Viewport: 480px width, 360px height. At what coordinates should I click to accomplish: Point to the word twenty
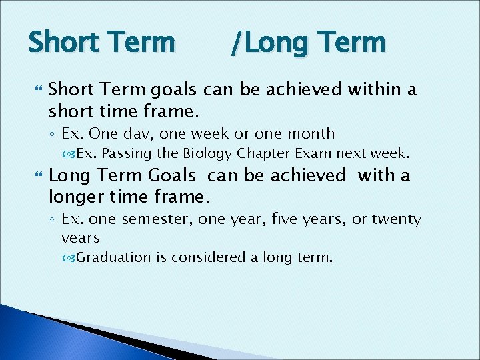(396, 219)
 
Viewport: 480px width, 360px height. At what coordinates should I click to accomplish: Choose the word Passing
(127, 154)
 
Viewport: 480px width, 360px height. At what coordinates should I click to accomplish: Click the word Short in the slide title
(61, 43)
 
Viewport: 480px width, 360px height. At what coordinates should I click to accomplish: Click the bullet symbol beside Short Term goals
(35, 89)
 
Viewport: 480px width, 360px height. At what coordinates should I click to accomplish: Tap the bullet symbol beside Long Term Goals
(35, 176)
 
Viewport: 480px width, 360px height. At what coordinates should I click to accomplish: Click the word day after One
(144, 134)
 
